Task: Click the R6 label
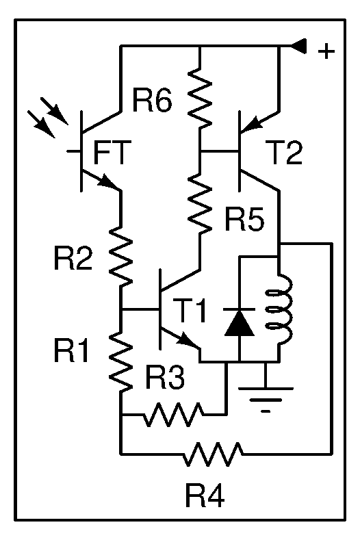(x=152, y=101)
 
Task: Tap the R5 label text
(x=244, y=219)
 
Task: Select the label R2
(x=73, y=258)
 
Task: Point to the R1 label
(x=71, y=350)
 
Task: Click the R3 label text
(x=165, y=377)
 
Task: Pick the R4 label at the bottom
(x=205, y=496)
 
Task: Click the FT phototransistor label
(x=112, y=152)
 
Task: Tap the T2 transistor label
(x=285, y=153)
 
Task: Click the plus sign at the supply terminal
(x=326, y=51)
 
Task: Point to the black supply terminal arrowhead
(x=298, y=46)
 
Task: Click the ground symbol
(x=266, y=394)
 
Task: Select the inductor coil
(x=280, y=309)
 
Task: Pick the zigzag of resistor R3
(x=173, y=414)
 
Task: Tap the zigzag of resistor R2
(x=121, y=255)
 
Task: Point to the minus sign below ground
(x=266, y=411)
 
